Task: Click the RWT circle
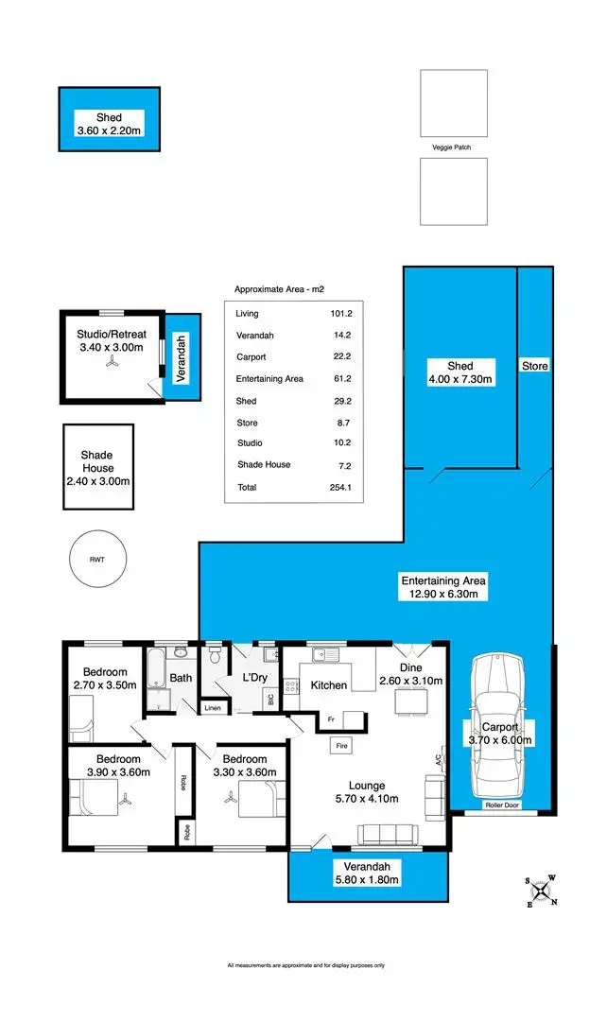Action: (96, 560)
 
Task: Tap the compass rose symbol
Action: (541, 890)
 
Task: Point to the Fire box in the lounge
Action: (341, 746)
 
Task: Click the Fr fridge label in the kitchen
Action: (331, 719)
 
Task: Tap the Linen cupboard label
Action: (213, 708)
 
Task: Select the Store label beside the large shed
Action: (534, 366)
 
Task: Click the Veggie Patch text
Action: (453, 147)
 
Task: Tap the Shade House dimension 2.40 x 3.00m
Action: (97, 481)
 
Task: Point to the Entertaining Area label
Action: (443, 580)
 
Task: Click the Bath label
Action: (181, 678)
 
